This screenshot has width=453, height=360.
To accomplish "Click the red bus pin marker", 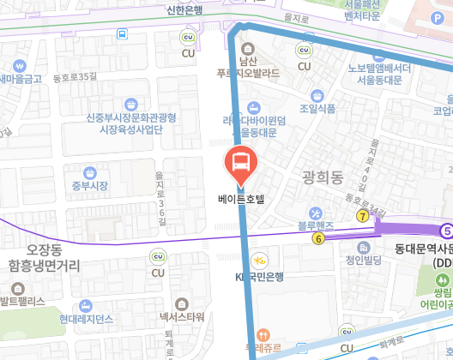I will (x=240, y=162).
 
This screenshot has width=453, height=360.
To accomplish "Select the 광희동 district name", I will (x=323, y=177).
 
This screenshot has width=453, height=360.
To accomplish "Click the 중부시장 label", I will (x=89, y=185).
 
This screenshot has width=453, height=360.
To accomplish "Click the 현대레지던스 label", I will (x=87, y=319).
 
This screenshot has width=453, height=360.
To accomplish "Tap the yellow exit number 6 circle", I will (x=318, y=237).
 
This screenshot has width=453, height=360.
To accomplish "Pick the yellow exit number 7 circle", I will (x=363, y=216).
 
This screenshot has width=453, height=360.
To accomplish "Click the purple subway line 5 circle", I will (x=446, y=230).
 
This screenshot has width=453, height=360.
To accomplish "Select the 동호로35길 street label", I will (x=75, y=77).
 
